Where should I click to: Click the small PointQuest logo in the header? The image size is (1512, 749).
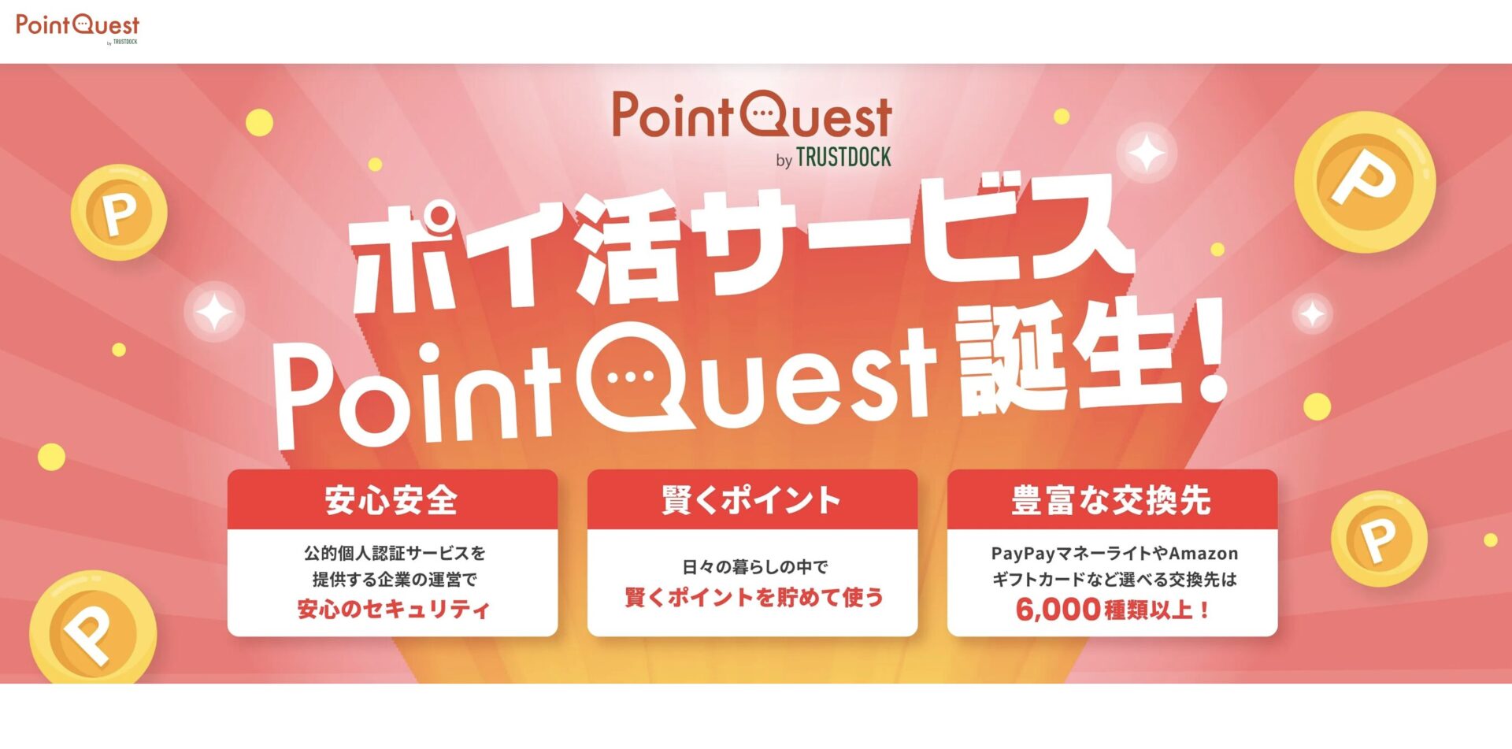(x=77, y=28)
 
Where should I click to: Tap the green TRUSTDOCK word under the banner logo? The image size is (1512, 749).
(x=843, y=158)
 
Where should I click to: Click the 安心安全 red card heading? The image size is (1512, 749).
(x=391, y=500)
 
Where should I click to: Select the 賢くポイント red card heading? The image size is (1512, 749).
(x=751, y=500)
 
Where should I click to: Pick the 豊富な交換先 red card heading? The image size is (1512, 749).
(x=1111, y=500)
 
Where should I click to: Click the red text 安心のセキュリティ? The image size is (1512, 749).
(x=393, y=609)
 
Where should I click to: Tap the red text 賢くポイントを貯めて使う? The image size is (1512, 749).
(x=754, y=597)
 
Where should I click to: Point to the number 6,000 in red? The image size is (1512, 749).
(x=1058, y=610)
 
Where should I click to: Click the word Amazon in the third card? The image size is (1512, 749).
(x=1203, y=553)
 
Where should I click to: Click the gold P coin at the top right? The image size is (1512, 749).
(x=1365, y=182)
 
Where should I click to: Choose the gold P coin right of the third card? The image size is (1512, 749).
(x=1379, y=539)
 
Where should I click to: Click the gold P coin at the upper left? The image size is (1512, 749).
(x=119, y=212)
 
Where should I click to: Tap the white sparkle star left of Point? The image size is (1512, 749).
(x=214, y=312)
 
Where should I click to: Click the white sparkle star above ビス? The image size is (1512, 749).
(x=1147, y=153)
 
